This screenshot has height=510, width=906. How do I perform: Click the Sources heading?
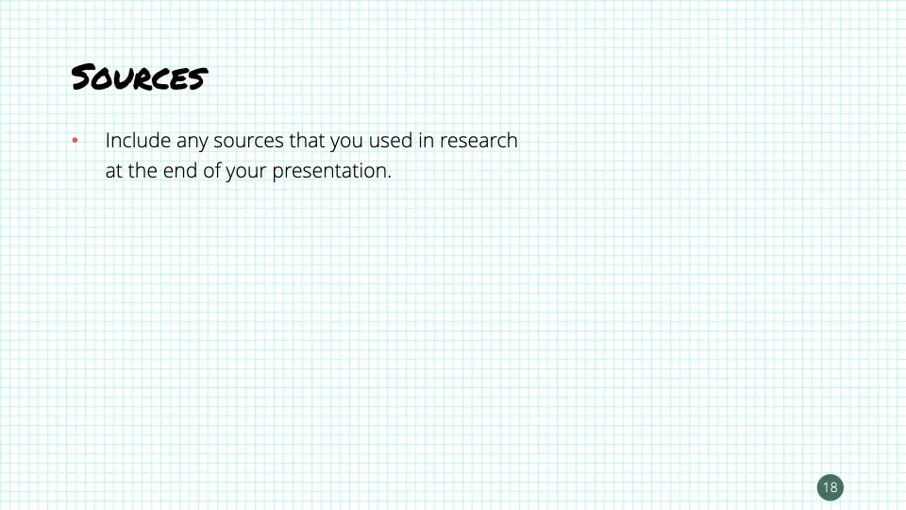[x=140, y=76]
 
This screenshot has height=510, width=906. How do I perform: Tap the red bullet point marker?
[x=75, y=140]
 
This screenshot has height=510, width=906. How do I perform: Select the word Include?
[x=138, y=141]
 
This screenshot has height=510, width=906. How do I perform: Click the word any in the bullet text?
[x=192, y=143]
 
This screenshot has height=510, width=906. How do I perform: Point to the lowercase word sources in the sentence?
[x=248, y=142]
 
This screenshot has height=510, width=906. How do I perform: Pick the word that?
[x=307, y=141]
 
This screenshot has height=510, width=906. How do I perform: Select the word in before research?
[x=426, y=141]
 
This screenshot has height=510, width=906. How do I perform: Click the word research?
[x=478, y=141]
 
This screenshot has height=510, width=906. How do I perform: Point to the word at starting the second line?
[x=114, y=171]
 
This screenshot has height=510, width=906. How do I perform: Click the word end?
[x=180, y=171]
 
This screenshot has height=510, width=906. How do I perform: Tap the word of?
[x=211, y=171]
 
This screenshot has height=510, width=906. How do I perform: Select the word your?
[x=245, y=172]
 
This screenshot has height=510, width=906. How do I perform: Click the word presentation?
[x=329, y=172]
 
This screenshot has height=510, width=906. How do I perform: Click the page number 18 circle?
[x=830, y=487]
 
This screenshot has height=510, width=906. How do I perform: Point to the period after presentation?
[x=390, y=178]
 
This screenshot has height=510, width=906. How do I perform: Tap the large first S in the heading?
[x=83, y=76]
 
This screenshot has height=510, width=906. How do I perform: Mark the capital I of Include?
[x=108, y=141]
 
